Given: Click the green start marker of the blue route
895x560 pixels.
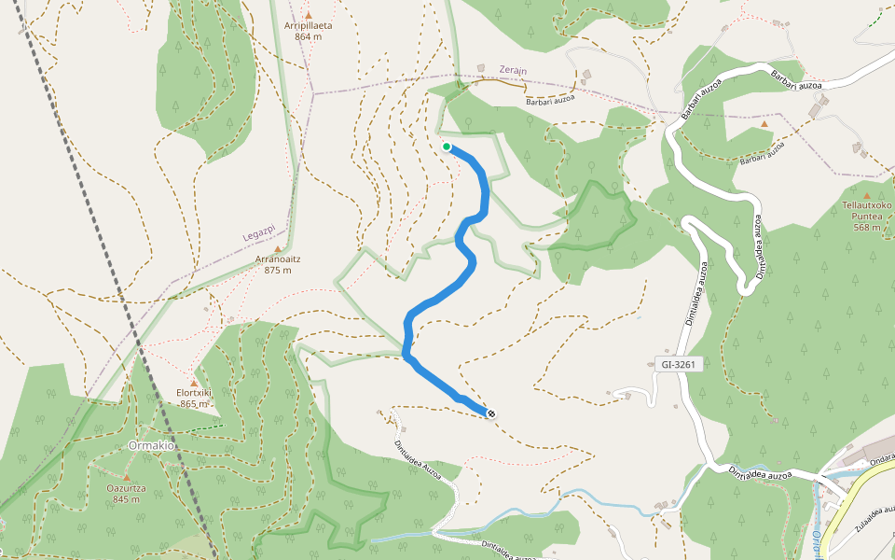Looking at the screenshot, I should (447, 147).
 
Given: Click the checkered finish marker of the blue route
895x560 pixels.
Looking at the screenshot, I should (491, 413).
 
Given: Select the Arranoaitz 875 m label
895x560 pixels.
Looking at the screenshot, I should (277, 264).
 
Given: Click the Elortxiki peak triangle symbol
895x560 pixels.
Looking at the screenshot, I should (194, 383).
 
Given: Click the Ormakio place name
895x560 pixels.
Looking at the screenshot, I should (153, 445).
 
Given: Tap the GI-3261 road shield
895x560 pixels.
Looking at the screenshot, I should (676, 365).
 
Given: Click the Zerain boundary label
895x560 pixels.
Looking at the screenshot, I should (514, 70).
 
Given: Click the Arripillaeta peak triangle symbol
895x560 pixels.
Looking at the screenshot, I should (308, 15).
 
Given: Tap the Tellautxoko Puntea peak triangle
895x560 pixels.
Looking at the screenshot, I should (866, 195).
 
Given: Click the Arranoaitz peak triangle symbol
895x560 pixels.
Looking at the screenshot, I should (277, 248).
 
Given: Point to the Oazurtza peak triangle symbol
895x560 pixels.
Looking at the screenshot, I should (126, 478).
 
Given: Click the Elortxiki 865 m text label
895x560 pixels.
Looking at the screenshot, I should (194, 399).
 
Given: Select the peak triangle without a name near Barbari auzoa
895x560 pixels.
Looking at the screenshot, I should (764, 123).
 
